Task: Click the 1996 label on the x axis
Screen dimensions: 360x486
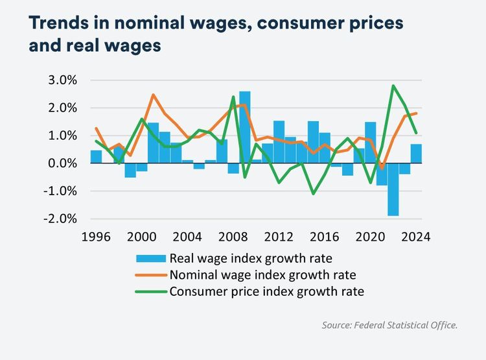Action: pyautogui.click(x=96, y=237)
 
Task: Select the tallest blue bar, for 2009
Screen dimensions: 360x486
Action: pyautogui.click(x=245, y=127)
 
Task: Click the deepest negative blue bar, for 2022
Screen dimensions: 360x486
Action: pyautogui.click(x=393, y=189)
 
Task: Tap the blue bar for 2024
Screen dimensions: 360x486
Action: pyautogui.click(x=416, y=154)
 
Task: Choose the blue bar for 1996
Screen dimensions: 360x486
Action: pyautogui.click(x=96, y=157)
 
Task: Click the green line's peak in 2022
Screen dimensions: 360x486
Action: pyautogui.click(x=393, y=86)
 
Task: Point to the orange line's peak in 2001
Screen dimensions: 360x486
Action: pyautogui.click(x=153, y=95)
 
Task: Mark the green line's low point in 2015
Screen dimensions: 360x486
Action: pyautogui.click(x=314, y=193)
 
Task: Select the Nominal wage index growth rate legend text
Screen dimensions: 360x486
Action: pyautogui.click(x=263, y=275)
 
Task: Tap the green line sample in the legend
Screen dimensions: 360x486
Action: pyautogui.click(x=150, y=291)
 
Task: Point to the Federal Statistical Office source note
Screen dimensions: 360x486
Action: pyautogui.click(x=389, y=325)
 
